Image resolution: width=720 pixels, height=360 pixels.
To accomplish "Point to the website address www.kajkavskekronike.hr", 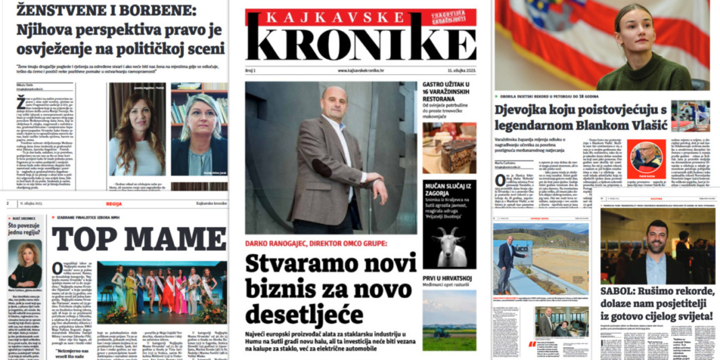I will pos(361,70).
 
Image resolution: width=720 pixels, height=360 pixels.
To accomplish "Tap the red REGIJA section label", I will pos(114,203).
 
